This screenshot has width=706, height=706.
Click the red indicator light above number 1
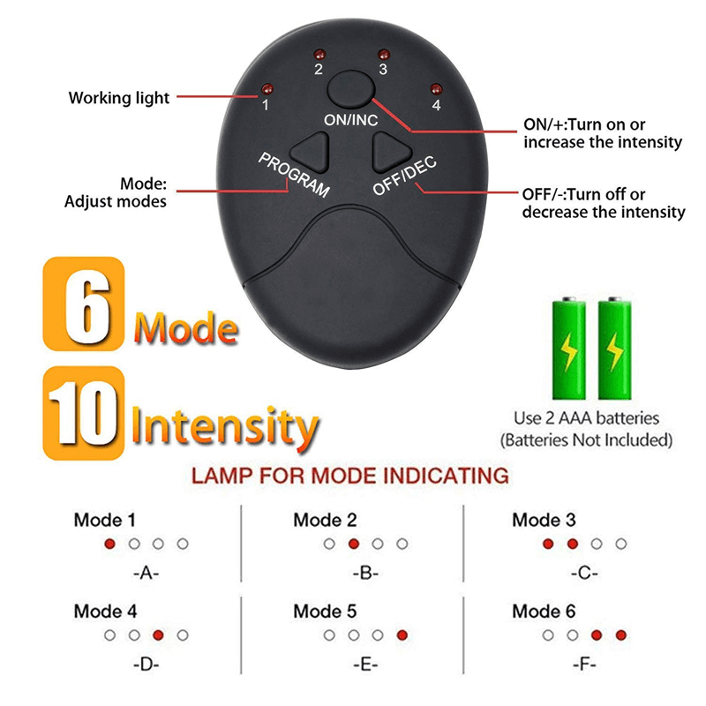[x=263, y=88]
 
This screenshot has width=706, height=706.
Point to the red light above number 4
[x=435, y=87]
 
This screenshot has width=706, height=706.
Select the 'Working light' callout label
[x=119, y=97]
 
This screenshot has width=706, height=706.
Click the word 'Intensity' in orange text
[x=225, y=425]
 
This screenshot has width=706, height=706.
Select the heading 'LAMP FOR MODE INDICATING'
[x=350, y=477]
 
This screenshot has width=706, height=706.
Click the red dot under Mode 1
[x=109, y=544]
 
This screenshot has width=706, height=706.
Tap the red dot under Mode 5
[x=402, y=635]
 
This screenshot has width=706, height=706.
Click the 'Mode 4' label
[x=105, y=611]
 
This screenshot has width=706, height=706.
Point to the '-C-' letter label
[x=585, y=573]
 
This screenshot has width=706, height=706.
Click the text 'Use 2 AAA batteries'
[x=586, y=418]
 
